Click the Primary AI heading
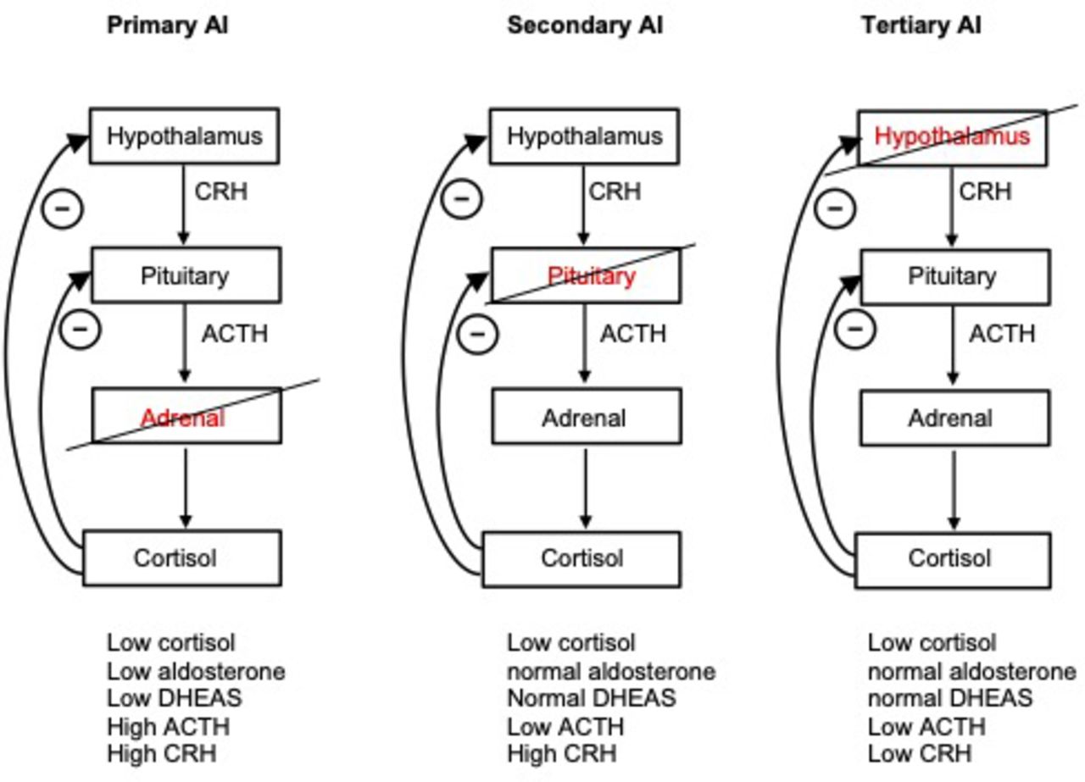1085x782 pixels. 167,25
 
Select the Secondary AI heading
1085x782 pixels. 585,25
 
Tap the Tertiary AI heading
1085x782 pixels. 921,25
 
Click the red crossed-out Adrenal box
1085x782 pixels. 186,417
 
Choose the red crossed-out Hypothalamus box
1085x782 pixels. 952,136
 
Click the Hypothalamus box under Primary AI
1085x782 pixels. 185,136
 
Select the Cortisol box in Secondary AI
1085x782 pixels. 581,558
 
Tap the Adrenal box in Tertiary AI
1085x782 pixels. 950,418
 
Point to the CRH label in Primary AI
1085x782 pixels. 221,191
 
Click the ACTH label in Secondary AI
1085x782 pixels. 633,334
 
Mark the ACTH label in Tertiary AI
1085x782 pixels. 1002,334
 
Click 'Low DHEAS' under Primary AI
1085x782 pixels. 174,698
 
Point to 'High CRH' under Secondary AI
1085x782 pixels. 561,753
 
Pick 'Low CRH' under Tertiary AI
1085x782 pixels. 920,753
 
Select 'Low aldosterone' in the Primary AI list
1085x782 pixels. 196,671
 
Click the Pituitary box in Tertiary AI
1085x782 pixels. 950,276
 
